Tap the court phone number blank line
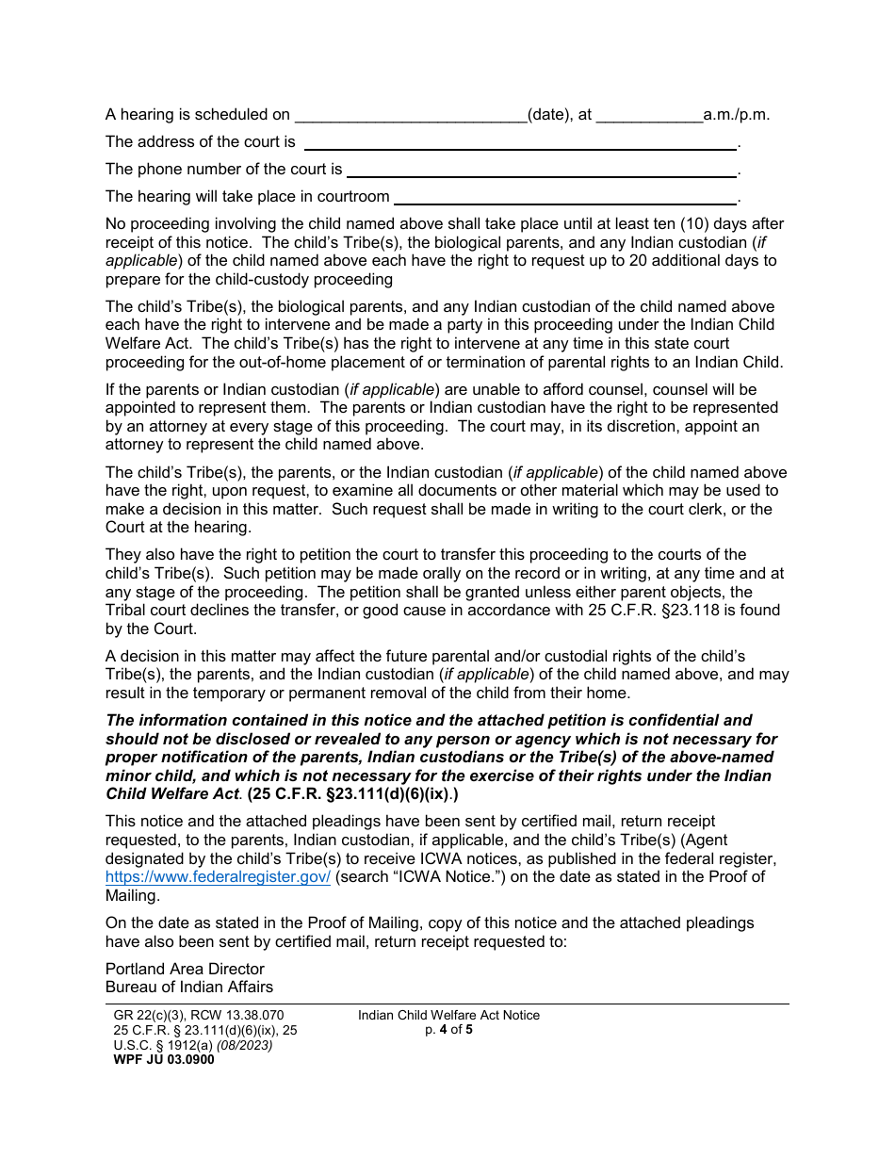point(541,171)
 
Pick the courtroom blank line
point(564,198)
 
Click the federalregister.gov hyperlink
point(218,877)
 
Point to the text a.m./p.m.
point(737,115)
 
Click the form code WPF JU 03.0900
point(164,1059)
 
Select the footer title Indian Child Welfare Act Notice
point(448,1015)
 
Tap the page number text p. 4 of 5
point(448,1030)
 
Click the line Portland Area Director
point(185,969)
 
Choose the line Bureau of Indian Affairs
point(189,987)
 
